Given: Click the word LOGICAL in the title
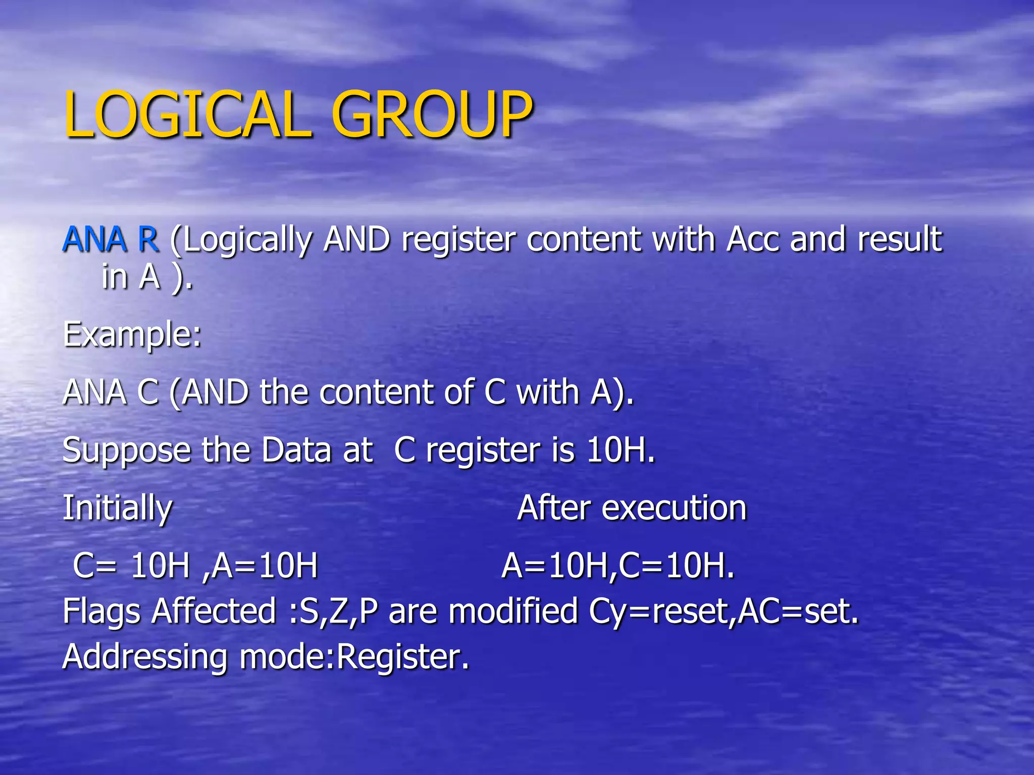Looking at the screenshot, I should coord(187,115).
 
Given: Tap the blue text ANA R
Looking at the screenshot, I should coord(111,239).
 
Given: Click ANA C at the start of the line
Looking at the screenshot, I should coord(111,393).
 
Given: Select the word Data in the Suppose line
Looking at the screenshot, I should coord(296,450).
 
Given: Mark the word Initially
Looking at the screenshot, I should coord(117,509).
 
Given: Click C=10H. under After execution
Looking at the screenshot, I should coord(677,566).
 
